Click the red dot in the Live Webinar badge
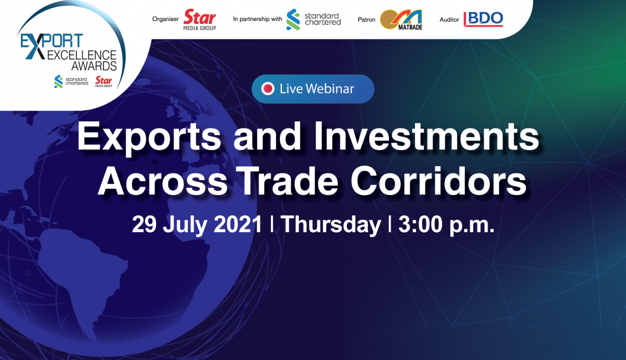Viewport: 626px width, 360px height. [268, 89]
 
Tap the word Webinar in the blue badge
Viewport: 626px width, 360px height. [330, 89]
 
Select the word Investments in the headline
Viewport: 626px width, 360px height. [427, 136]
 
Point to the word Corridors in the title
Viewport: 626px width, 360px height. [438, 182]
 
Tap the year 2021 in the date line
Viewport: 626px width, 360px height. [238, 224]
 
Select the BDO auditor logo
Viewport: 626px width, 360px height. [483, 19]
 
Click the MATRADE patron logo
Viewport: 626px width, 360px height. [401, 20]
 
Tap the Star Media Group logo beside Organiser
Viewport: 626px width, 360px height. [199, 20]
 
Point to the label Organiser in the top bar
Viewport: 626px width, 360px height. [165, 19]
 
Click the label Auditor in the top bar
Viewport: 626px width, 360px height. [449, 19]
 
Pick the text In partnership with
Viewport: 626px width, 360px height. [258, 19]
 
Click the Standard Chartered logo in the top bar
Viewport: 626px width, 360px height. [314, 19]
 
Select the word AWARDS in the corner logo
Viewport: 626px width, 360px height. [94, 66]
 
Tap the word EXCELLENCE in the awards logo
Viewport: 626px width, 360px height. [82, 55]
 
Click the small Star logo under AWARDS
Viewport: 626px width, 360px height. [104, 81]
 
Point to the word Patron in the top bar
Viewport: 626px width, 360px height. [367, 19]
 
